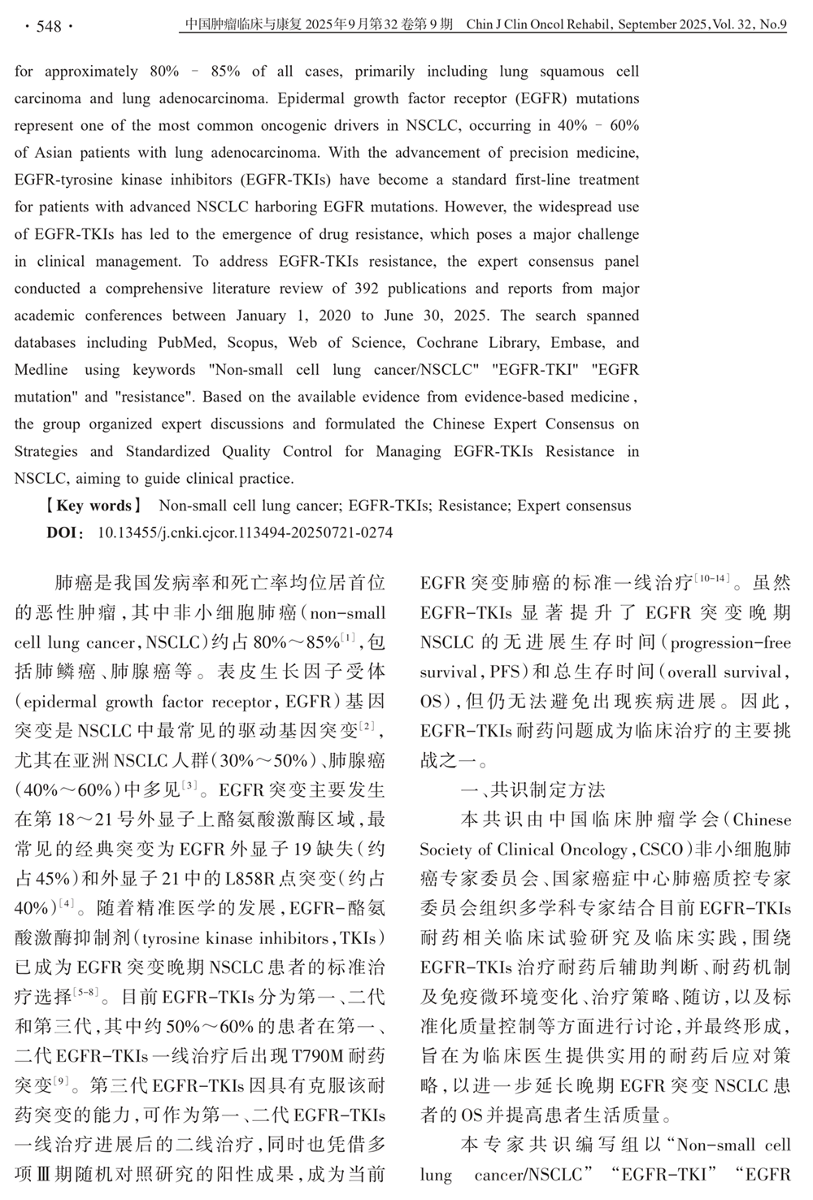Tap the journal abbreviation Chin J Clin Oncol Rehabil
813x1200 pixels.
tap(540, 25)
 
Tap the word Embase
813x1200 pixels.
tap(577, 342)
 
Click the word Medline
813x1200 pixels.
tap(41, 370)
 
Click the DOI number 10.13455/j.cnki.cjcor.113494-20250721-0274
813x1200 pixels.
tap(245, 533)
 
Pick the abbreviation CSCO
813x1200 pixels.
tap(662, 850)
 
